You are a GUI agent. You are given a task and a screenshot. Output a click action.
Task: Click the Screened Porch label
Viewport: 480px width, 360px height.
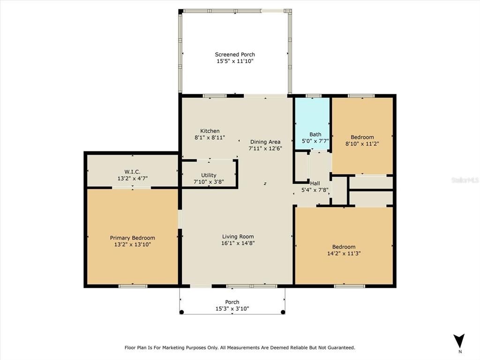pos(235,54)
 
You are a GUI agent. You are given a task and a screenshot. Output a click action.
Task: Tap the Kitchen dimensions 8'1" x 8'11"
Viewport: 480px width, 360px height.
pos(210,137)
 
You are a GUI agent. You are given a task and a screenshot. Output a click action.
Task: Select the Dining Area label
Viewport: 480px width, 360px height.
pos(265,142)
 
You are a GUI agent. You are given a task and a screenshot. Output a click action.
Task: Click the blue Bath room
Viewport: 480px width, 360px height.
pos(312,124)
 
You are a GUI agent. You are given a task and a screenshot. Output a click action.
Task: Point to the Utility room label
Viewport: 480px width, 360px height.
pos(209,175)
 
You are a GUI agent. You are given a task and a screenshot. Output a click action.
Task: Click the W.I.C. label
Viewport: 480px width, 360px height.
pos(132,172)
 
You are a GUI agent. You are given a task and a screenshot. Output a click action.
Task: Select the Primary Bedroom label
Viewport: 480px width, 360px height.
pos(133,238)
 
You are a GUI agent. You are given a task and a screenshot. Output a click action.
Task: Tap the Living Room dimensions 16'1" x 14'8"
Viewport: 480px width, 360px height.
pos(238,243)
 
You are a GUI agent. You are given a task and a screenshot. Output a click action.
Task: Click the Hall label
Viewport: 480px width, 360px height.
pos(315,183)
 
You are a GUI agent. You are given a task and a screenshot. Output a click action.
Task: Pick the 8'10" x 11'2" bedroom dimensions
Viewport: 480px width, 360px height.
pos(362,143)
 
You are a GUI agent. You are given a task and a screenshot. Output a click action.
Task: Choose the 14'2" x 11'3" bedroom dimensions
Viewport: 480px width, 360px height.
pos(344,253)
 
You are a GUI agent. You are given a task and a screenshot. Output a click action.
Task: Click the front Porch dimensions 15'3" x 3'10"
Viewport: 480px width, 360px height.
pos(232,308)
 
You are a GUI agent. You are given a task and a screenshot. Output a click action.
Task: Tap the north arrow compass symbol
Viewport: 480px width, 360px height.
pos(459,341)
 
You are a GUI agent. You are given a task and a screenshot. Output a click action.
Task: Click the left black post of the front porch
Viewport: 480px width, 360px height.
pos(181,312)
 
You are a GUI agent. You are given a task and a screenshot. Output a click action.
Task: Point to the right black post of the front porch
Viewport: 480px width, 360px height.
pos(283,312)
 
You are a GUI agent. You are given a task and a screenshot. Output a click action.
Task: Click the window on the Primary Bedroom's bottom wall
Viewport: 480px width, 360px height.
pos(133,286)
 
